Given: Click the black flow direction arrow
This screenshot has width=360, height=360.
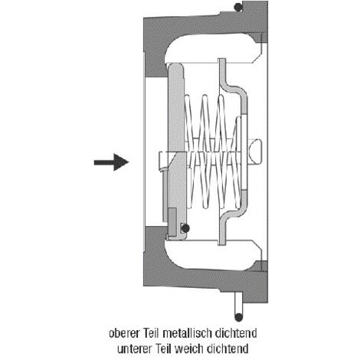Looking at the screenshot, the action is [x=111, y=162].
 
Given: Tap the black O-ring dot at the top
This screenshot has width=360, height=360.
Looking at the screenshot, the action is [x=238, y=7].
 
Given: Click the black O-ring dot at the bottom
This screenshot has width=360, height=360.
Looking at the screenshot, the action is [x=238, y=317].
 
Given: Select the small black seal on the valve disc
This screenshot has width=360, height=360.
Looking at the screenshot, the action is [x=185, y=228].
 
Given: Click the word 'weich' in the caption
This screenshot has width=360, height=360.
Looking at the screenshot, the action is [x=191, y=349].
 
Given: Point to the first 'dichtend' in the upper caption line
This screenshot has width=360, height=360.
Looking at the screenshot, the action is [x=236, y=333].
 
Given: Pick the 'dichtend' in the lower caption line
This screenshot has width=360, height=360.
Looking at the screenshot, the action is [x=228, y=349].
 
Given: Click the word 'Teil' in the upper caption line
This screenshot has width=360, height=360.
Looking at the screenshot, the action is [x=152, y=333].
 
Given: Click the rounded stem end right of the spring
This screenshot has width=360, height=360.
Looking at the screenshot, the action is [x=255, y=152].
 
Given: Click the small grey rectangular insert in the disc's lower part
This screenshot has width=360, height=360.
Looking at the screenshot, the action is [x=172, y=219].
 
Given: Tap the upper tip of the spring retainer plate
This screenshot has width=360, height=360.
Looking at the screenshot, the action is [x=222, y=60].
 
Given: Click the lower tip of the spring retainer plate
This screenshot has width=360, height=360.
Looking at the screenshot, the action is [x=222, y=244].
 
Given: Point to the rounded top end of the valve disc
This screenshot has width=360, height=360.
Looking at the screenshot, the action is [x=175, y=66].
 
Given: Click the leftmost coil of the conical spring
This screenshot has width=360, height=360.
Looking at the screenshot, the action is [x=188, y=151].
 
